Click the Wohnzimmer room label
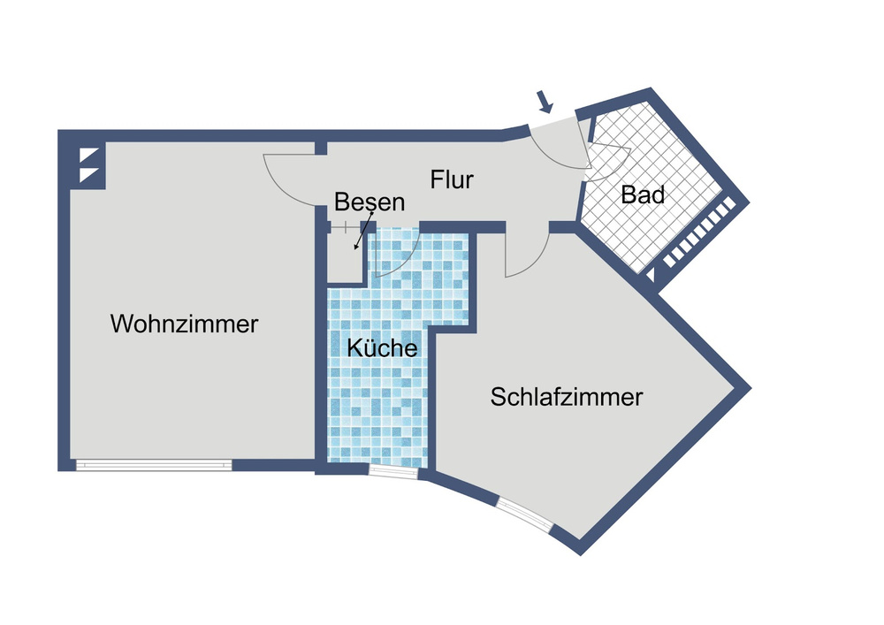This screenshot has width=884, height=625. pyautogui.click(x=184, y=324)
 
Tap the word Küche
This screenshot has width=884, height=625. pyautogui.click(x=381, y=348)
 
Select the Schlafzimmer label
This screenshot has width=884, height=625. pyautogui.click(x=567, y=397)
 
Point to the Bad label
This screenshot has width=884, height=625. pyautogui.click(x=643, y=194)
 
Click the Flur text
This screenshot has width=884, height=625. pyautogui.click(x=452, y=180)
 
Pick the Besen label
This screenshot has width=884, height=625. pyautogui.click(x=370, y=202)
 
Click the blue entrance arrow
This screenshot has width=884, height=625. pyautogui.click(x=545, y=103)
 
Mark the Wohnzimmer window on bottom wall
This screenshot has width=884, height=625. pyautogui.click(x=154, y=464)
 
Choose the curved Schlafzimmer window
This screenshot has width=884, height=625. pyautogui.click(x=525, y=514)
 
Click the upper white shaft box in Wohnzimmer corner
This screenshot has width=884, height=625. pyautogui.click(x=90, y=155)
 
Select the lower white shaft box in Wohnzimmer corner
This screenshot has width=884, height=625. pyautogui.click(x=90, y=174)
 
